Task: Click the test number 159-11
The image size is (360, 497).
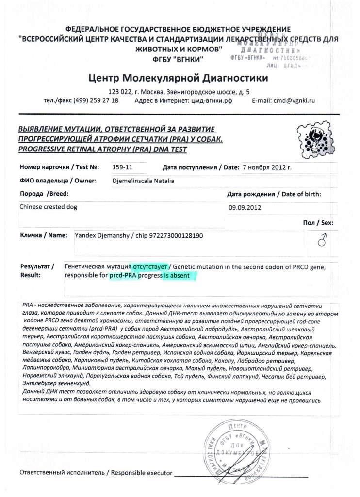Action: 122,167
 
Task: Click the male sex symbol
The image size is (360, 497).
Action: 320,239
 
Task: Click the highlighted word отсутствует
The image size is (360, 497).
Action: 148,266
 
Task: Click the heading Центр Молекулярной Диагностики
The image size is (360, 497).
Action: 178,78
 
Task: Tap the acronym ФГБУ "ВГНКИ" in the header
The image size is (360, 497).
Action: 179,59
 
